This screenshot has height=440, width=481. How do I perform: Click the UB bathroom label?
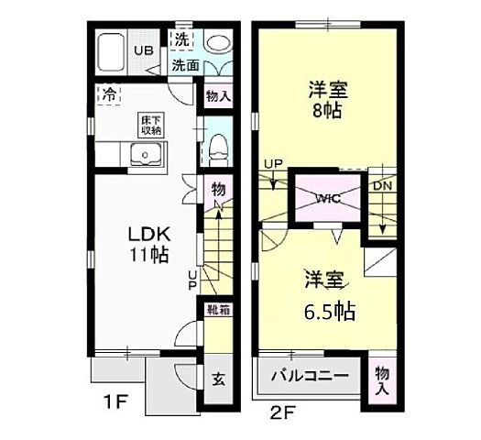146,51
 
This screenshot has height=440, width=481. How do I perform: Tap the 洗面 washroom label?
186,65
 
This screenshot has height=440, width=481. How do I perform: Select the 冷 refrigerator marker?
109,93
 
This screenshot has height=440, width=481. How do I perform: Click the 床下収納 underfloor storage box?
151,126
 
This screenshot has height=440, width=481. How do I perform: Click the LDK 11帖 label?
148,243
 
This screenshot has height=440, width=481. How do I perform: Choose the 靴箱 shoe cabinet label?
218,310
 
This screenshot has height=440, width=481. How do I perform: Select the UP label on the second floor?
272,164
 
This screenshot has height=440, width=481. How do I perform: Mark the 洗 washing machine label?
181,40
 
